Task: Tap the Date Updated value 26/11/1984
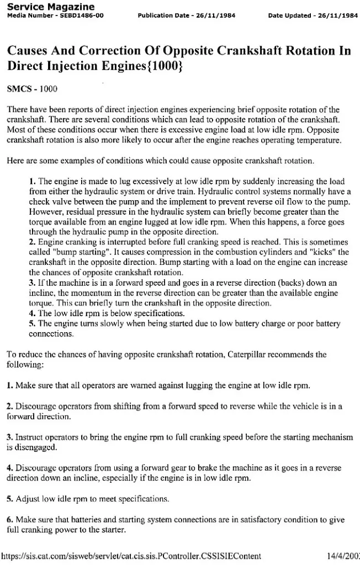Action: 335,15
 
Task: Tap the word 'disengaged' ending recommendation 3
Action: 36,447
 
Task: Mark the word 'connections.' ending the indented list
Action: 50,334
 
